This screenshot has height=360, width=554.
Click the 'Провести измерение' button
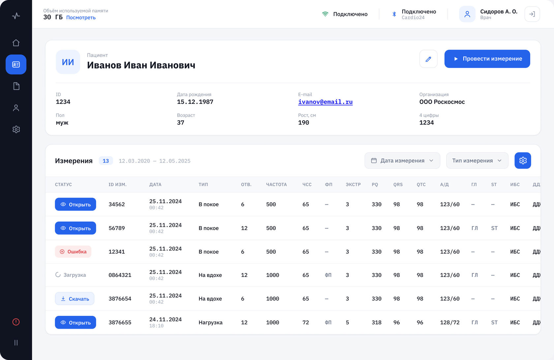487,59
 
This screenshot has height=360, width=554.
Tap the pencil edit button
428,59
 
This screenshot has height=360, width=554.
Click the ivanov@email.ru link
325,102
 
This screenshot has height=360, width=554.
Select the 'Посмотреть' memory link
81,17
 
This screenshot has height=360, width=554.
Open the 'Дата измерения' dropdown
402,161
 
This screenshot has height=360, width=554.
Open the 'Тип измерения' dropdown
477,161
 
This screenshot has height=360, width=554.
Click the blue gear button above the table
523,161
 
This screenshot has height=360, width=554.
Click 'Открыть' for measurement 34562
76,204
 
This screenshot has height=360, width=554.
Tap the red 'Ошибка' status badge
73,252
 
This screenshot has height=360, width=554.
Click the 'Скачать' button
75,299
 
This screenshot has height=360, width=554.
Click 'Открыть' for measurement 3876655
76,322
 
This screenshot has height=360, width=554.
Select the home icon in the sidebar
16,43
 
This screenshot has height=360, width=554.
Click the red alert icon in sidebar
16,322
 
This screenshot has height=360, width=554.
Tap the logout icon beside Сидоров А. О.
532,14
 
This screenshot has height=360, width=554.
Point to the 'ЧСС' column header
307,185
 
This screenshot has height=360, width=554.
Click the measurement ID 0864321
120,275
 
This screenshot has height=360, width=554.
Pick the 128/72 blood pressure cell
450,322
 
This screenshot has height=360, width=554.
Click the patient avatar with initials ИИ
68,62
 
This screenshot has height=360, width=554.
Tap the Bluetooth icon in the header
394,14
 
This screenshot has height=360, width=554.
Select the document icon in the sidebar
16,86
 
